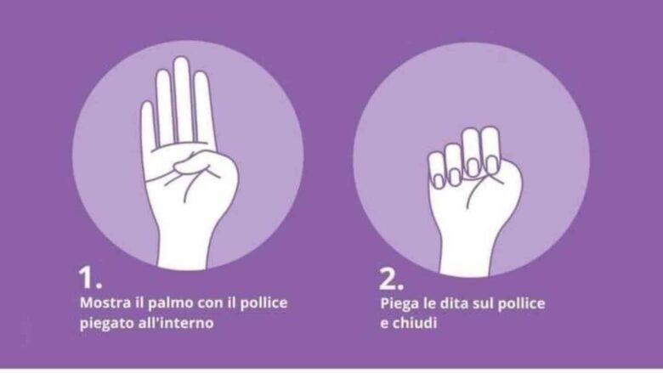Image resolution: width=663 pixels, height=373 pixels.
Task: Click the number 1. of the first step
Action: (x=90, y=278)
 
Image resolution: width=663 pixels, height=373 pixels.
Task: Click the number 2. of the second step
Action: (x=391, y=279)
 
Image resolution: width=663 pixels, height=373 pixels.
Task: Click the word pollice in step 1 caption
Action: (x=263, y=303)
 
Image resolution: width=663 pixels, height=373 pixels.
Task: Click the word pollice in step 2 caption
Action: (x=521, y=303)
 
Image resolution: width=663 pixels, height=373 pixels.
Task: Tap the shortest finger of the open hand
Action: (x=148, y=127)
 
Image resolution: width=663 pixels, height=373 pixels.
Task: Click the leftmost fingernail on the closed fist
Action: (x=439, y=181)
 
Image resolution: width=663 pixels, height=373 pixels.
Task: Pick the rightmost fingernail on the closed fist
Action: (x=492, y=165)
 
